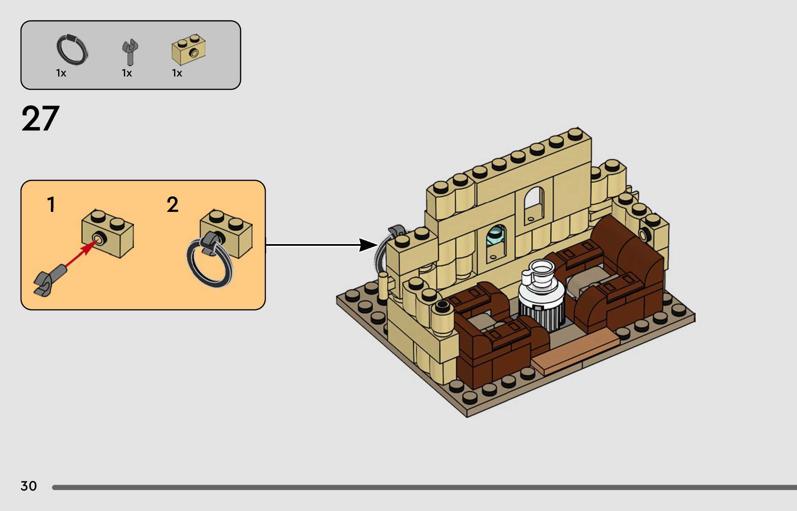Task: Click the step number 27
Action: click(40, 119)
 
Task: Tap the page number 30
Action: click(28, 486)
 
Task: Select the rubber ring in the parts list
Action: click(72, 50)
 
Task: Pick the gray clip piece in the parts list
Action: click(130, 52)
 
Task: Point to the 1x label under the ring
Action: click(61, 73)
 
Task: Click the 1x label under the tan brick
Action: click(177, 73)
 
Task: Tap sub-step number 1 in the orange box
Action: click(51, 204)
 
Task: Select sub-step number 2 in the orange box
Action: click(172, 204)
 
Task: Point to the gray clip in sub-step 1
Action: click(49, 281)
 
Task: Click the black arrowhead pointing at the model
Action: click(368, 245)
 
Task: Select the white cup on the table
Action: click(538, 272)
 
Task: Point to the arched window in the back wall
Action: click(534, 202)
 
